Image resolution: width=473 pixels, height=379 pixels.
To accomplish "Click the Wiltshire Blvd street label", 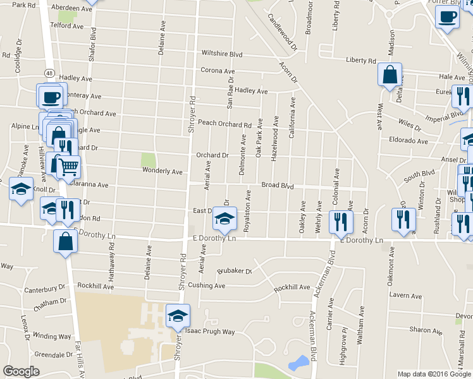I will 222,54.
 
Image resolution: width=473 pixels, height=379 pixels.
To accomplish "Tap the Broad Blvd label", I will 278,186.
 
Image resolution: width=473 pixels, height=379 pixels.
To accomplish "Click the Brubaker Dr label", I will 235,271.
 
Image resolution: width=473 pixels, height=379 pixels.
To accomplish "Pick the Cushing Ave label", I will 206,286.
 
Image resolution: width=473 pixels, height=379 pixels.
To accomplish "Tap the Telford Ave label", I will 67,26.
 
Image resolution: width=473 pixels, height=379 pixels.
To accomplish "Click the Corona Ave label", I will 218,71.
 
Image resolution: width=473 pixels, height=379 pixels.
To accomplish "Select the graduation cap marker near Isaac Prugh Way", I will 178,315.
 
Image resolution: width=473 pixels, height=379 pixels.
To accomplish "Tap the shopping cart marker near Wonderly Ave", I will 68,167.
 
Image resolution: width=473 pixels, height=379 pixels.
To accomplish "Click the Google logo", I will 21,371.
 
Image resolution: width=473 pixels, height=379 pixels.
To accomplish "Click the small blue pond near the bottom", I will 298,363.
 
